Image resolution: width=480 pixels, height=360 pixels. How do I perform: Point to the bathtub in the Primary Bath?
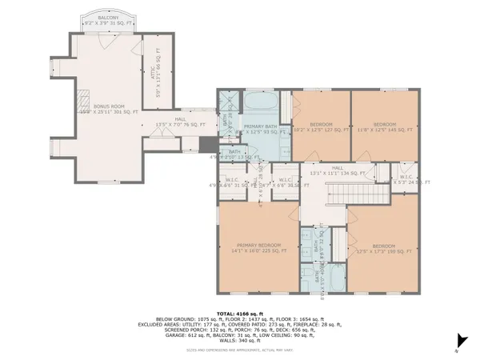(260, 102)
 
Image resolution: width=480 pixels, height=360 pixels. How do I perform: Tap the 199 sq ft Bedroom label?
(383, 248)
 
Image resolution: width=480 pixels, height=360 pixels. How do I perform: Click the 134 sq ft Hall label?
(338, 170)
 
